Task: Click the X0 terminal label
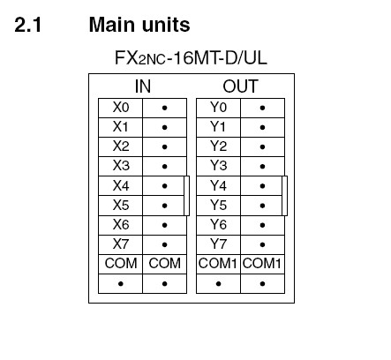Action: (121, 108)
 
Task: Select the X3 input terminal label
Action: (121, 166)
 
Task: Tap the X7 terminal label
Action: (121, 244)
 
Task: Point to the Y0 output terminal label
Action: (218, 108)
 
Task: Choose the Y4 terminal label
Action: (218, 185)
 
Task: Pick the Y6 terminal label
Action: (218, 225)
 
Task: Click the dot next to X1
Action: (164, 127)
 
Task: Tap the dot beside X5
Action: (164, 206)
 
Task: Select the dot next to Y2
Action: (262, 146)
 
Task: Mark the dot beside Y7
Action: (262, 244)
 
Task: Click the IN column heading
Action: (143, 86)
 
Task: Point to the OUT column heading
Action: (240, 86)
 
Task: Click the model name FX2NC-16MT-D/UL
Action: (191, 57)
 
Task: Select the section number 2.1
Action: (28, 25)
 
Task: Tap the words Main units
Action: (139, 25)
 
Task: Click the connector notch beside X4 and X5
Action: (186, 196)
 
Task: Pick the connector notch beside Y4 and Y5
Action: (284, 196)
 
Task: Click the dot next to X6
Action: (164, 225)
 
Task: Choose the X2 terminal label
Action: (121, 146)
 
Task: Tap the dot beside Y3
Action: (262, 167)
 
